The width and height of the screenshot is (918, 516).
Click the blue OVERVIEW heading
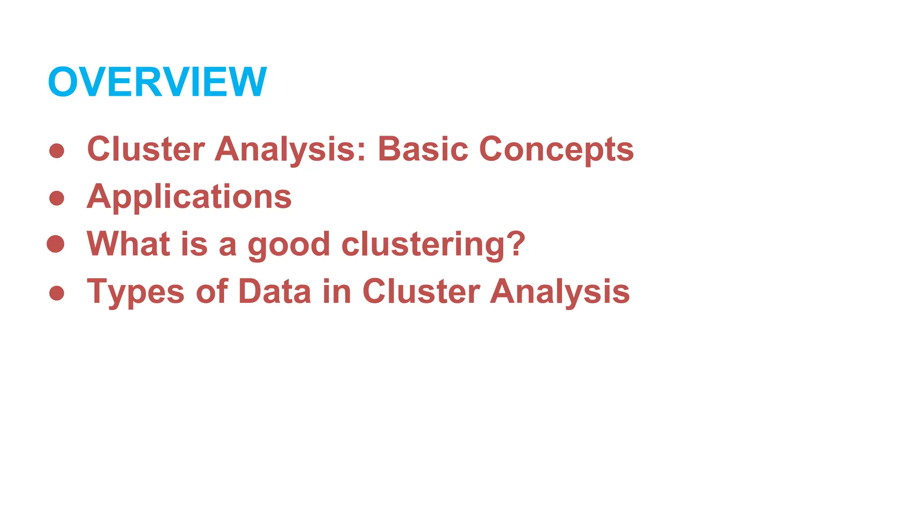coord(157,82)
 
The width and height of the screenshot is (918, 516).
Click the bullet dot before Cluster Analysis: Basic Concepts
coord(57,150)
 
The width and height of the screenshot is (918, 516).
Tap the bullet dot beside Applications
coord(57,198)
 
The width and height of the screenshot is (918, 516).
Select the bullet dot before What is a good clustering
coord(56,244)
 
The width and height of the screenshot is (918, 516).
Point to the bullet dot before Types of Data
coord(57,293)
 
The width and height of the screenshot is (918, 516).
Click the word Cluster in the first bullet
coord(146,149)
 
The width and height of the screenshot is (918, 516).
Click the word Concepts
coord(556,150)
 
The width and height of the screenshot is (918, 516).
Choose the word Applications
coord(189,197)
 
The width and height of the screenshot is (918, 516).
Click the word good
coord(289,245)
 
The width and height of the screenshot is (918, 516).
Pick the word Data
coord(274,292)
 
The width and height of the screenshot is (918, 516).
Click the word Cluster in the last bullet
coord(421,292)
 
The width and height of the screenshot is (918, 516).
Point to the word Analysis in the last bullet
coord(560,292)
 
